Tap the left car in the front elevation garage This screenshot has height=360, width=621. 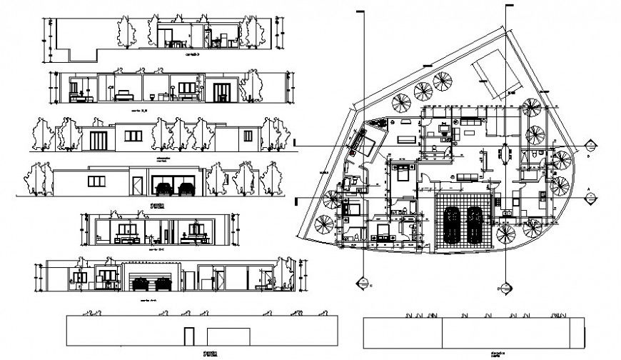(x=164, y=189)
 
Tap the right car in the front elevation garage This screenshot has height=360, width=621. (x=188, y=189)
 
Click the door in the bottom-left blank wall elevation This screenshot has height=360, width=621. (x=188, y=337)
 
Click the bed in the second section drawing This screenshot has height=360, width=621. (x=125, y=94)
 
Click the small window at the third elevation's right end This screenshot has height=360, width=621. (x=248, y=136)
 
